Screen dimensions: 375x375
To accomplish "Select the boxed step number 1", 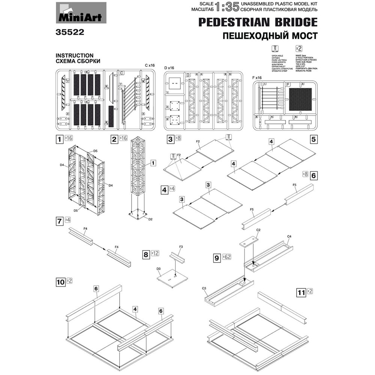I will [59, 139].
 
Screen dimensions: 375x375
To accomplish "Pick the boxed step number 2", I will [114, 139].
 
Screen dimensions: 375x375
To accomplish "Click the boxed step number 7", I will [59, 221].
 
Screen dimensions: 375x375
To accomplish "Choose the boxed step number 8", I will [146, 254].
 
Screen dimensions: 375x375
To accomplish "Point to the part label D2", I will [150, 219].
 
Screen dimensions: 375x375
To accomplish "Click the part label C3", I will [204, 288].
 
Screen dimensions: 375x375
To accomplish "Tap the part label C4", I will [289, 236].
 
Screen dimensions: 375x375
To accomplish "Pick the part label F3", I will [181, 247].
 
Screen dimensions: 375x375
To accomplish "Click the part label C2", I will [258, 229].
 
